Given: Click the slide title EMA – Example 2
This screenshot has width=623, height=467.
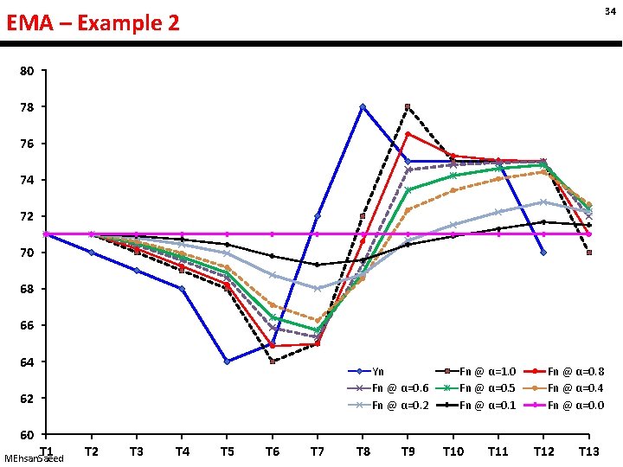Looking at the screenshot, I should (93, 23).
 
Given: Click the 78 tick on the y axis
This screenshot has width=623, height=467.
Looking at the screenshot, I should (28, 107).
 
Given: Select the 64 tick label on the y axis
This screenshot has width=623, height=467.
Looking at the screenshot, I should (28, 361).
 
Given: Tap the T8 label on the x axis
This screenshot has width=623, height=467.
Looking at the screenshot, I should (363, 451).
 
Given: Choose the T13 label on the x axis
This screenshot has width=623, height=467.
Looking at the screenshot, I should (588, 451).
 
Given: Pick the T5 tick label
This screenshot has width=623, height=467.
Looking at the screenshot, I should (227, 451).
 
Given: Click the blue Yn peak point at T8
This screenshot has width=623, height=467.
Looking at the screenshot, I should (363, 106).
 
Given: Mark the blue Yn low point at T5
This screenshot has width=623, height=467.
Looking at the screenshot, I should (227, 361).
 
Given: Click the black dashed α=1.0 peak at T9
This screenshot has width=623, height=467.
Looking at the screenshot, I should (408, 106).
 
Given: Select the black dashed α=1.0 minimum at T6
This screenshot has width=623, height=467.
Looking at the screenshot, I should (273, 361).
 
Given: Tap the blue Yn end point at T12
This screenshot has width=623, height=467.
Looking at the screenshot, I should (543, 253).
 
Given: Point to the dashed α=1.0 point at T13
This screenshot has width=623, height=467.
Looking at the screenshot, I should (588, 253).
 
